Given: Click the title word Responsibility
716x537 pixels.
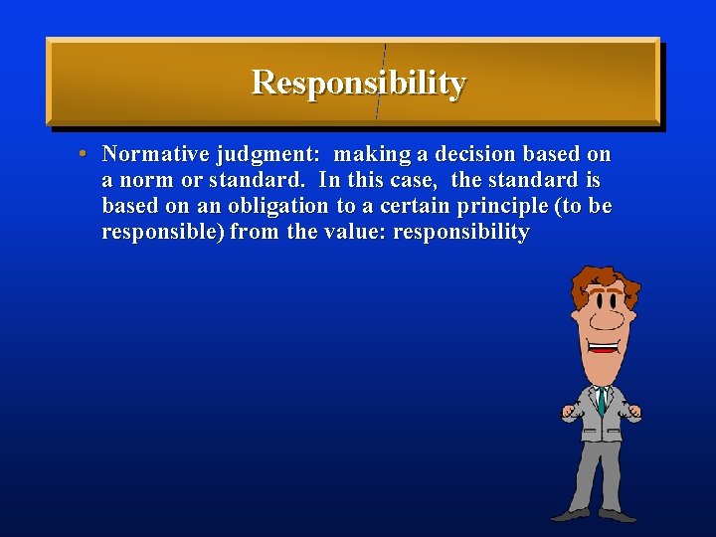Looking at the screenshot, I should [x=358, y=83].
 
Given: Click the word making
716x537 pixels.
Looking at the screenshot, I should [x=366, y=155].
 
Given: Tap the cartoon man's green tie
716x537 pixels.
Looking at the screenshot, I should [x=602, y=401].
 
